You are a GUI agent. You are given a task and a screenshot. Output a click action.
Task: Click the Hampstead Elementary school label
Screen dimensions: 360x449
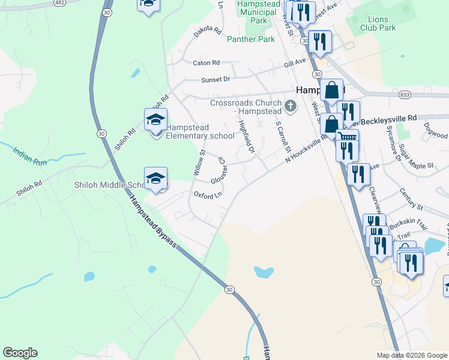[200, 131]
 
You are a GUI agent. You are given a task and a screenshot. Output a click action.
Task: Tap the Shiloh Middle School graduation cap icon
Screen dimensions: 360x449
[155, 178]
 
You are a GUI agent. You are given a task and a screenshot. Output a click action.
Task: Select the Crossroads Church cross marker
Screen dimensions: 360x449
[291, 107]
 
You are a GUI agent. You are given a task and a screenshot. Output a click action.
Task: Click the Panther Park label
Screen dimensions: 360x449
[251, 39]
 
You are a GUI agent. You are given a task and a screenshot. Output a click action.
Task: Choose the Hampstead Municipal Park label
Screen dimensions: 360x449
[259, 12]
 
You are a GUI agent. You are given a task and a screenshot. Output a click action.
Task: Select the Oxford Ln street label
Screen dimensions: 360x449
[208, 194]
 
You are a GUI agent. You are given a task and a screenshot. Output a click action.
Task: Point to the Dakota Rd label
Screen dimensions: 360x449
[208, 32]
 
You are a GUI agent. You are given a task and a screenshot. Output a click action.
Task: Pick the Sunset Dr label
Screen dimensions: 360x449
[215, 79]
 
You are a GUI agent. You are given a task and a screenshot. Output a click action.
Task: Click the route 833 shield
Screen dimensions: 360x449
[404, 95]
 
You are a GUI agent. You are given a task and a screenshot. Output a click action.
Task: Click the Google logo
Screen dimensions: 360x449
[20, 353]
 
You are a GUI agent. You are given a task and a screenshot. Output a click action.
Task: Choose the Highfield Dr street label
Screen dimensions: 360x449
[247, 136]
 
